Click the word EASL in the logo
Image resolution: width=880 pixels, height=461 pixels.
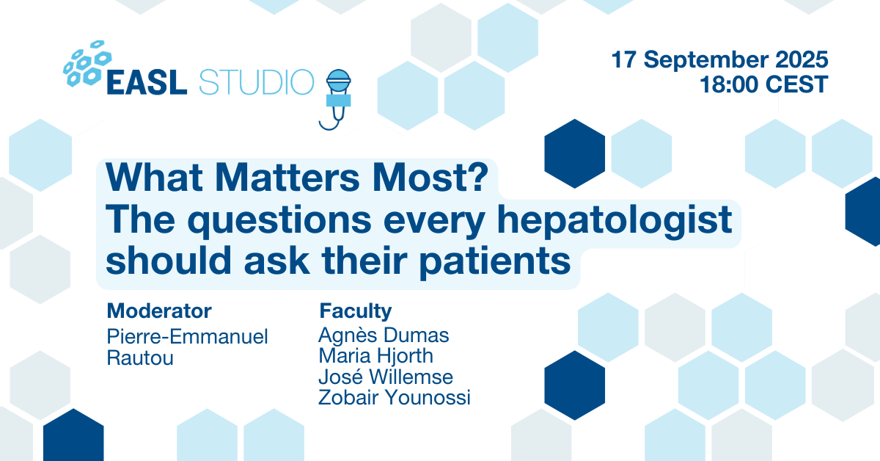coord(147,82)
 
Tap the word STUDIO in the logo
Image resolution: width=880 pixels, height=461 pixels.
coord(257,82)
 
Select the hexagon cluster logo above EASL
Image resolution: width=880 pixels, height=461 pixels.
coord(87,63)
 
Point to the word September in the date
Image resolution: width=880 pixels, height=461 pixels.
coord(706,59)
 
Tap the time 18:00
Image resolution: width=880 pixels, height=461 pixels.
coord(729,84)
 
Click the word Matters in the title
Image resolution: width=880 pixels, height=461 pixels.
coord(287,178)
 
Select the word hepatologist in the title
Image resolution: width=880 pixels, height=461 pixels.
coord(615,221)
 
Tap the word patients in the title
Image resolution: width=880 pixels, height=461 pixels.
coord(494,261)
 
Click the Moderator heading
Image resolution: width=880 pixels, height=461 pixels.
coord(159,311)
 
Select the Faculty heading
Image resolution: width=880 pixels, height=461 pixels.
coord(356,311)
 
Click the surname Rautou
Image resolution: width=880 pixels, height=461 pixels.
coord(140,358)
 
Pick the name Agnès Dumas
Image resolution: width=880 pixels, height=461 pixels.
coord(384,335)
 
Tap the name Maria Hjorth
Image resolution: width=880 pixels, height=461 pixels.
coord(376,355)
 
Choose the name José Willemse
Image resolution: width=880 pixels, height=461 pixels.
coord(386,377)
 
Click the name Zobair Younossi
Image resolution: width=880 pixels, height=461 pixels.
coord(395,397)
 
